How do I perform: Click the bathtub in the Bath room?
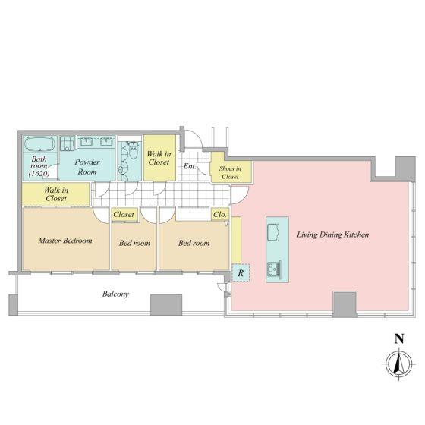pos(39,143)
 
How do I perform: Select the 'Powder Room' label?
pos(87,167)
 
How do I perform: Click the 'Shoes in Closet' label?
pos(230,172)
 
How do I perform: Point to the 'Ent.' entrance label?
pos(190,166)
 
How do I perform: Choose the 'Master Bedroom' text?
pos(65,241)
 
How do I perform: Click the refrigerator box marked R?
pos(241,273)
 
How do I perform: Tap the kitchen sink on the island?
pos(274,232)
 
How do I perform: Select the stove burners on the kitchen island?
pos(274,269)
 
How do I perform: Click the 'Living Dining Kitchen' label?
pos(333,235)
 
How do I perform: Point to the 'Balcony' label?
pos(115,294)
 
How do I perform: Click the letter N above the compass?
pos(399,338)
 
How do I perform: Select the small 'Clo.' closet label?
pos(220,214)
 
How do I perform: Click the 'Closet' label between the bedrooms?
pos(124,214)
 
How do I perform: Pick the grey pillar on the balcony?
pos(166,304)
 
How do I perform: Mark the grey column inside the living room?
pos(345,304)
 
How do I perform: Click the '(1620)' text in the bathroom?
pos(39,174)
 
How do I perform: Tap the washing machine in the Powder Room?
pos(67,143)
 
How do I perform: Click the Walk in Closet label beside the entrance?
pos(159,158)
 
